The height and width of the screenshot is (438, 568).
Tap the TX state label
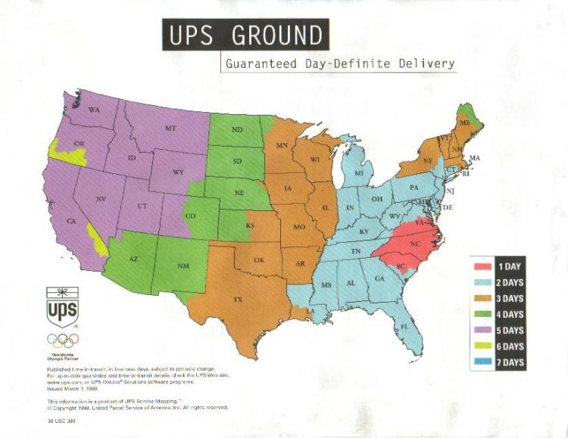[x=238, y=300]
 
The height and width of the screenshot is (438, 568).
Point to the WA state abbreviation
[x=95, y=110]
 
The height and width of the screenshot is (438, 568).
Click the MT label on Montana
[x=170, y=129]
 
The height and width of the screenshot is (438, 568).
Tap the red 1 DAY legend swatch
[x=482, y=266]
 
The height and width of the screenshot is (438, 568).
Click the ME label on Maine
[x=464, y=122]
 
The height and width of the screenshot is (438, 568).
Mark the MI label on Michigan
[x=359, y=174]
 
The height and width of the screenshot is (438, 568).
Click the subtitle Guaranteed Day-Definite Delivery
[x=340, y=64]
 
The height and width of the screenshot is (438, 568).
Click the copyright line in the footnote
[x=137, y=407]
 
